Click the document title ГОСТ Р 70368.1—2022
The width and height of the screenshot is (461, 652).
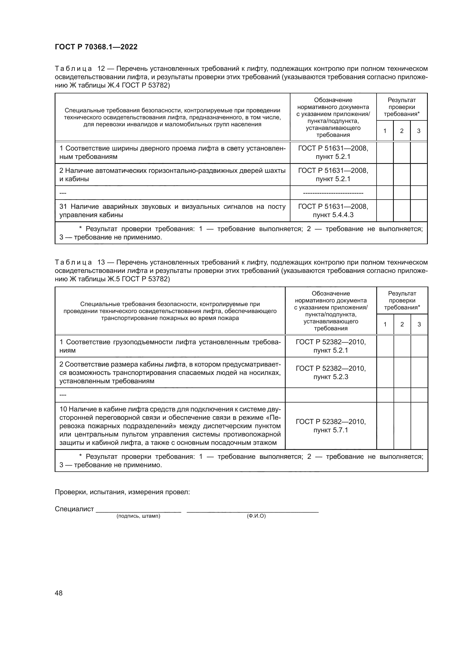tap(96, 47)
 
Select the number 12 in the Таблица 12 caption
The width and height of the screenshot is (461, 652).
tap(101, 69)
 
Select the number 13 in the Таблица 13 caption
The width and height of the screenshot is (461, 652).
tap(101, 262)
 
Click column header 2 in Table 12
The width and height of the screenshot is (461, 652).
tap(402, 131)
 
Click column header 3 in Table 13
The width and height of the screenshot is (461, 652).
tap(419, 324)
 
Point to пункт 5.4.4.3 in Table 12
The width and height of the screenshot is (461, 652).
tap(333, 215)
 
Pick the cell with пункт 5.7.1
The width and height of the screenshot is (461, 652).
tap(331, 426)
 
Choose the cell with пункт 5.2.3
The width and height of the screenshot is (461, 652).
tap(331, 373)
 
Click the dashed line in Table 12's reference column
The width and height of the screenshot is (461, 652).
tap(333, 193)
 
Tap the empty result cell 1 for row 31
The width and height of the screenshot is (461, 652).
tap(385, 211)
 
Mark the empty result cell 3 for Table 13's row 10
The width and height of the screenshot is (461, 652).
tap(419, 426)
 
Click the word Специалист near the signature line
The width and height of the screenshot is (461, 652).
tap(74, 509)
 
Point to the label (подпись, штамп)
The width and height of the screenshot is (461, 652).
tap(138, 516)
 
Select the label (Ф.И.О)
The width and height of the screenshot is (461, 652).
tap(256, 516)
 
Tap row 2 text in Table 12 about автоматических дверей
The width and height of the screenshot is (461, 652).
tap(172, 175)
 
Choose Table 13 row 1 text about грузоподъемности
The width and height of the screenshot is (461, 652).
tap(170, 346)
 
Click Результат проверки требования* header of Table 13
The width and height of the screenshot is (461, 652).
tap(402, 300)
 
